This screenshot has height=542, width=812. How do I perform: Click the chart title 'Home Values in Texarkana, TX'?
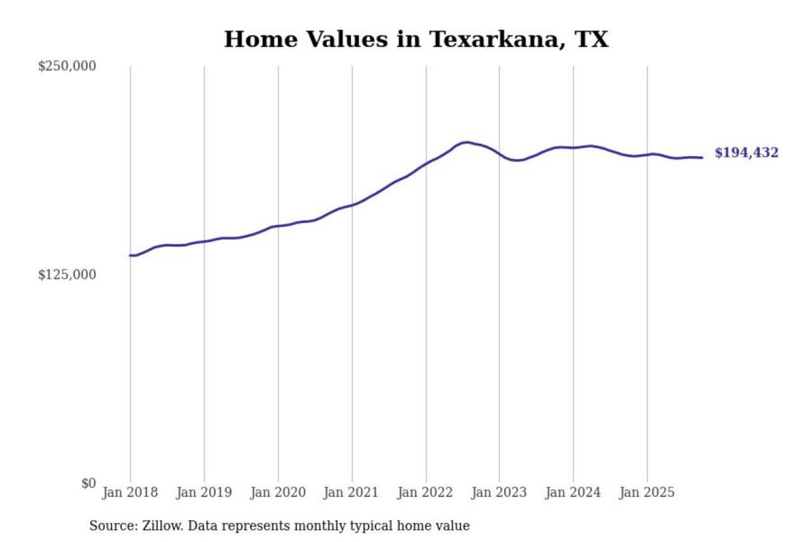pyautogui.click(x=416, y=40)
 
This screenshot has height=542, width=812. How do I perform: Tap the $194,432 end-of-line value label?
pyautogui.click(x=746, y=152)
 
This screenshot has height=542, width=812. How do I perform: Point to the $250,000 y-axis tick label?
pyautogui.click(x=67, y=66)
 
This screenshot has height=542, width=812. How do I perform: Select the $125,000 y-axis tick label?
pyautogui.click(x=67, y=274)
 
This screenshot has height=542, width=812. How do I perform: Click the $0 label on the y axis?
pyautogui.click(x=89, y=483)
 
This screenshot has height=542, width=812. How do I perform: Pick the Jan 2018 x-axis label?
pyautogui.click(x=130, y=492)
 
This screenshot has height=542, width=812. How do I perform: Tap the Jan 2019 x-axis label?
pyautogui.click(x=204, y=492)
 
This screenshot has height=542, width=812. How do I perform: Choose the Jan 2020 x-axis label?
pyautogui.click(x=277, y=492)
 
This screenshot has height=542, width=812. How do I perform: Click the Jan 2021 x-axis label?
pyautogui.click(x=351, y=492)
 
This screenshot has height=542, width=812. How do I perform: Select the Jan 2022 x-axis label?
pyautogui.click(x=425, y=492)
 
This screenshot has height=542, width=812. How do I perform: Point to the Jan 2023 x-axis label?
pyautogui.click(x=498, y=492)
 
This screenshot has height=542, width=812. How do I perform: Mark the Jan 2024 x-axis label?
pyautogui.click(x=572, y=492)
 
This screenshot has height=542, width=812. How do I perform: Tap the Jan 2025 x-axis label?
pyautogui.click(x=646, y=492)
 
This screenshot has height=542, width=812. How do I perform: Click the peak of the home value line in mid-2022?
pyautogui.click(x=466, y=142)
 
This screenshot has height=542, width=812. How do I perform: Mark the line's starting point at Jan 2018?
pyautogui.click(x=130, y=255)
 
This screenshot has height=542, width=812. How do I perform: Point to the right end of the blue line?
pyautogui.click(x=702, y=158)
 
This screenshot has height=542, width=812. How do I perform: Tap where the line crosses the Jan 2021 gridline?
pyautogui.click(x=352, y=205)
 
